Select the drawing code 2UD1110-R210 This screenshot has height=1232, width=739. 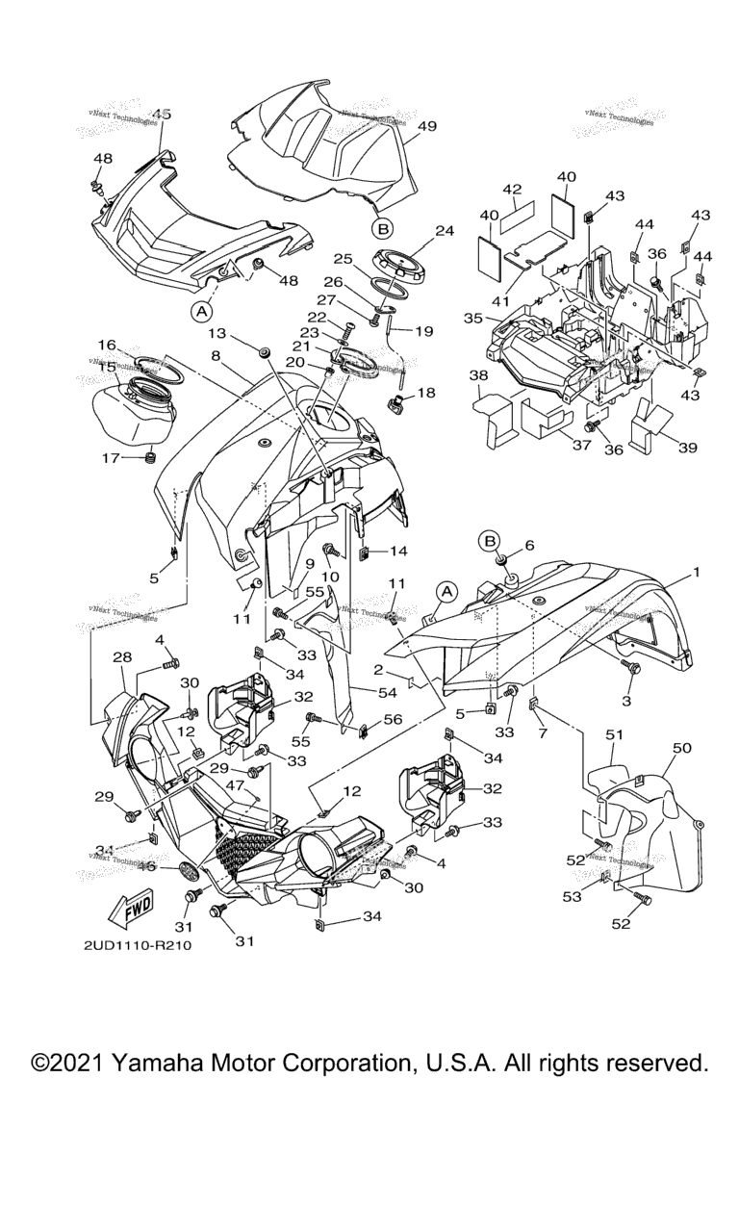coord(138,945)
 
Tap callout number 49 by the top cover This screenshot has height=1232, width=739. coord(427,126)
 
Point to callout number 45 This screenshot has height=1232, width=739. coord(161,115)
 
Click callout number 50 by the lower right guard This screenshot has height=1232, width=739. coord(682,748)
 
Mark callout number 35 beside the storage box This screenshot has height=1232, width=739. coord(472,317)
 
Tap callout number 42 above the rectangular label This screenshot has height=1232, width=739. coord(512,189)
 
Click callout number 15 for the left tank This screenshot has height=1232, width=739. coord(108,367)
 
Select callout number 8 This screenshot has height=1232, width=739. coord(216,355)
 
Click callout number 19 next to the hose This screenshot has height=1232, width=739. coord(424,330)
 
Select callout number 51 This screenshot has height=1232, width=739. coord(614,735)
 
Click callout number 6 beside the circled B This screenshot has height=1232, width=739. coord(528,545)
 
